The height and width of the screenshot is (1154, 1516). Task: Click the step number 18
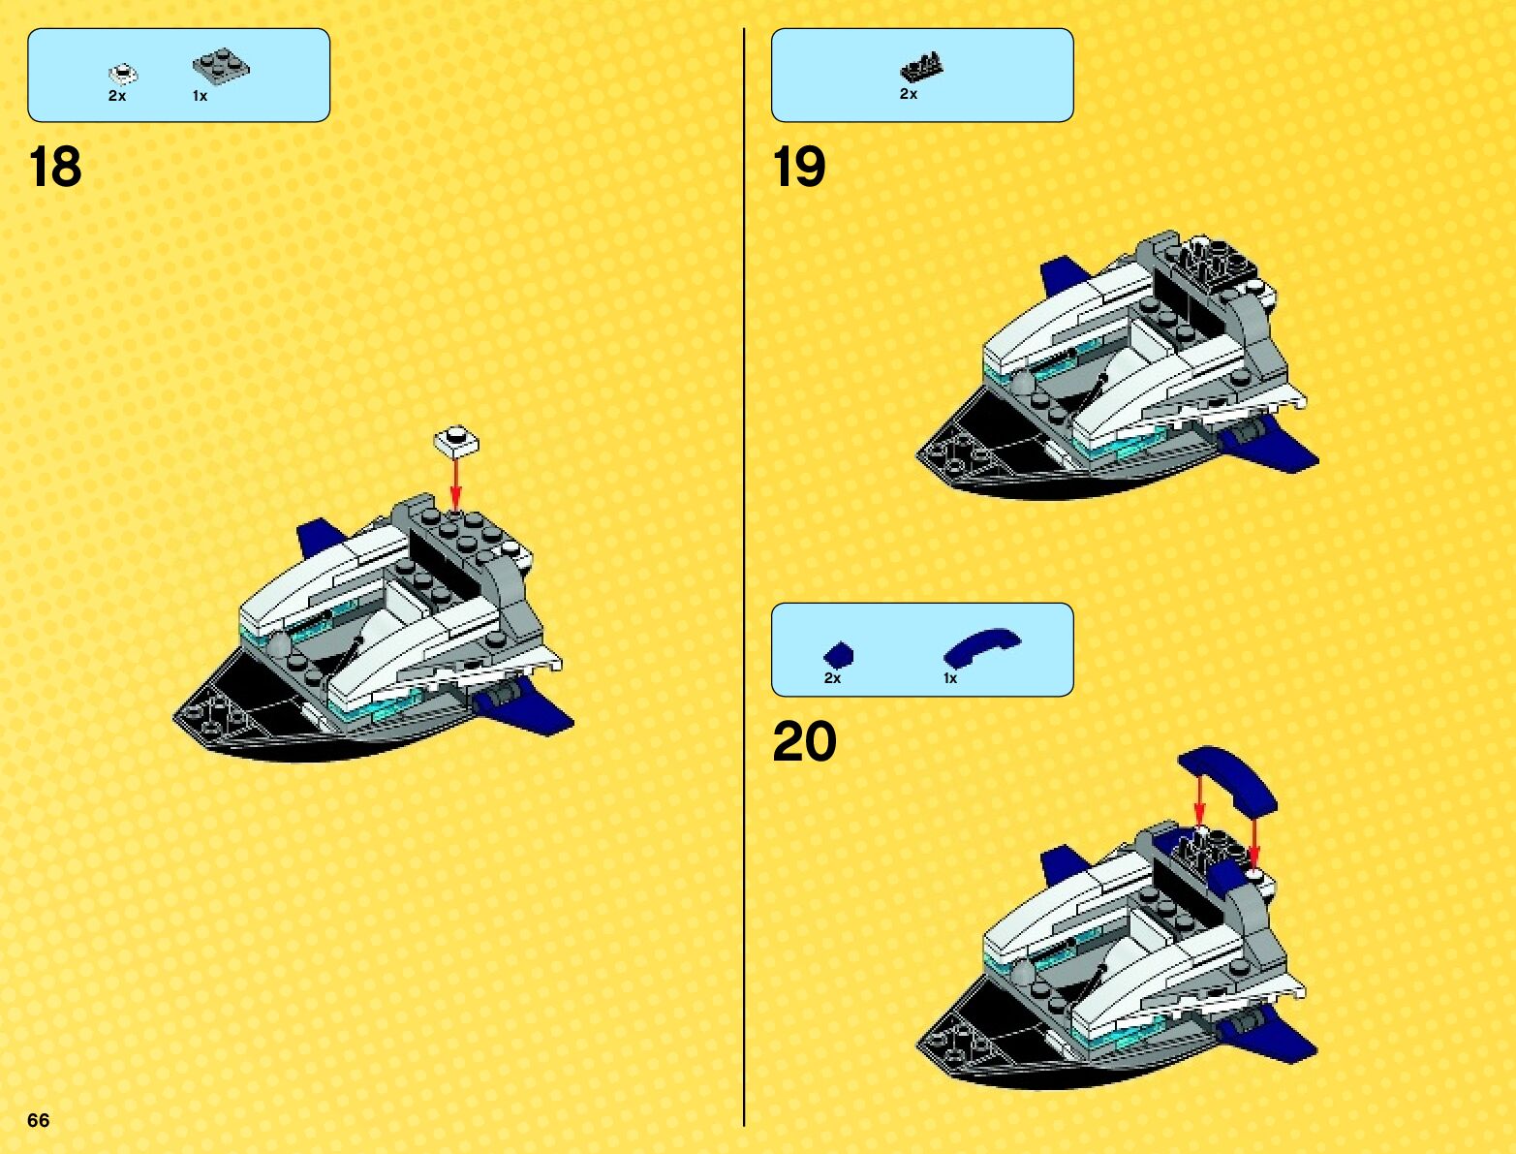pyautogui.click(x=55, y=167)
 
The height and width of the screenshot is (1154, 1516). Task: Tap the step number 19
pyautogui.click(x=799, y=167)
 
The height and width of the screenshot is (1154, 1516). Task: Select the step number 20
pyautogui.click(x=804, y=742)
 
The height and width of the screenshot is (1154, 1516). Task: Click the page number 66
pyautogui.click(x=38, y=1120)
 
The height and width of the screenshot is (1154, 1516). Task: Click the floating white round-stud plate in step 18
pyautogui.click(x=455, y=441)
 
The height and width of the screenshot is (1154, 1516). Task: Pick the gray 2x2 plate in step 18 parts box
pyautogui.click(x=221, y=66)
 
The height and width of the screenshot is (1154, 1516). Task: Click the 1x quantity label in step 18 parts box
pyautogui.click(x=200, y=96)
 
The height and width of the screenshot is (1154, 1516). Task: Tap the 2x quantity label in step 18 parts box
pyautogui.click(x=117, y=96)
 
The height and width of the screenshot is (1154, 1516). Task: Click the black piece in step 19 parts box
pyautogui.click(x=921, y=67)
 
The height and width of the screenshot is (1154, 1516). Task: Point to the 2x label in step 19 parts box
pyautogui.click(x=909, y=94)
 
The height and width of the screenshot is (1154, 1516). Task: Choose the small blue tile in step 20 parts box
pyautogui.click(x=839, y=654)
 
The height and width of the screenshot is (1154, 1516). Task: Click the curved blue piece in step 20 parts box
pyautogui.click(x=981, y=646)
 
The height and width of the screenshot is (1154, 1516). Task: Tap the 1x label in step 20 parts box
pyautogui.click(x=950, y=678)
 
